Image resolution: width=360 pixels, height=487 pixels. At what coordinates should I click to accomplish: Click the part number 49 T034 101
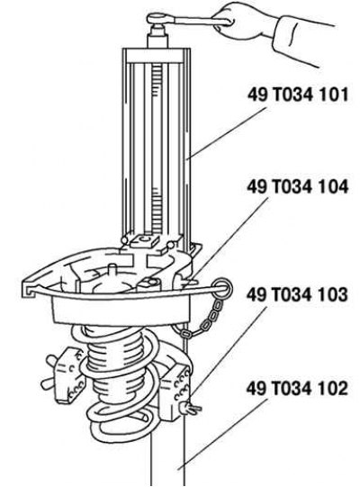click(x=298, y=95)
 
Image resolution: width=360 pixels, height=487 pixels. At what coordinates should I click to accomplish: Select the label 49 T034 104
click(x=298, y=187)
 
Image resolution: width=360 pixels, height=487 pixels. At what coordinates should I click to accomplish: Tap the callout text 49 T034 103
click(x=297, y=294)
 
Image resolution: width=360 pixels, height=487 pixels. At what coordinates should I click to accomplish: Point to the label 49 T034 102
click(x=297, y=388)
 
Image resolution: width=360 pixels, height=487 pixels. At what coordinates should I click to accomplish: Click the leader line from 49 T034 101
click(x=227, y=132)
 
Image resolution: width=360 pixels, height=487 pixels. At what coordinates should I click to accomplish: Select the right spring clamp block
click(x=174, y=392)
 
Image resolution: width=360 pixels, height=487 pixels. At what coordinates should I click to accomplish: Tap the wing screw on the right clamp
click(x=191, y=408)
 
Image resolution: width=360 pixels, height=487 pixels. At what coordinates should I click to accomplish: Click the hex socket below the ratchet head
click(x=158, y=37)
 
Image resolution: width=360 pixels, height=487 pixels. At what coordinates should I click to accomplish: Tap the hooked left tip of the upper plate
click(x=29, y=288)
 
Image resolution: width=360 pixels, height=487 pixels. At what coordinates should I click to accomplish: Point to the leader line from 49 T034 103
click(x=228, y=352)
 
